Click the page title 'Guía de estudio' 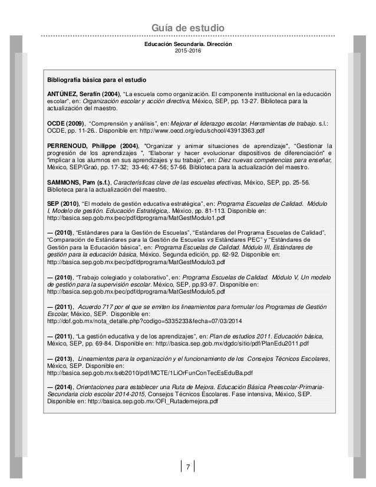pos(188,28)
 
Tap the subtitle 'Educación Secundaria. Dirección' pos(188,45)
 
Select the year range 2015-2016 pos(188,52)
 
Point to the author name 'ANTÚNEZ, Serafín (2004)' pos(83,94)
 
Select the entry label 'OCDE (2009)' pos(65,123)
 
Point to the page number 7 pos(187,468)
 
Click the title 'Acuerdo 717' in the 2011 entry pos(100,307)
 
